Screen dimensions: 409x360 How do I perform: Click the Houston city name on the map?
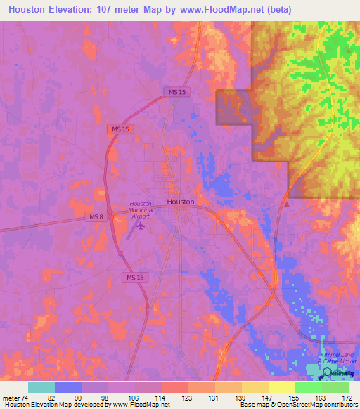coord(181,201)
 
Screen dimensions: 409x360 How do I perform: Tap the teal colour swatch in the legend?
coord(41,387)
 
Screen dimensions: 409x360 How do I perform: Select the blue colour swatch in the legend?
coord(68,387)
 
